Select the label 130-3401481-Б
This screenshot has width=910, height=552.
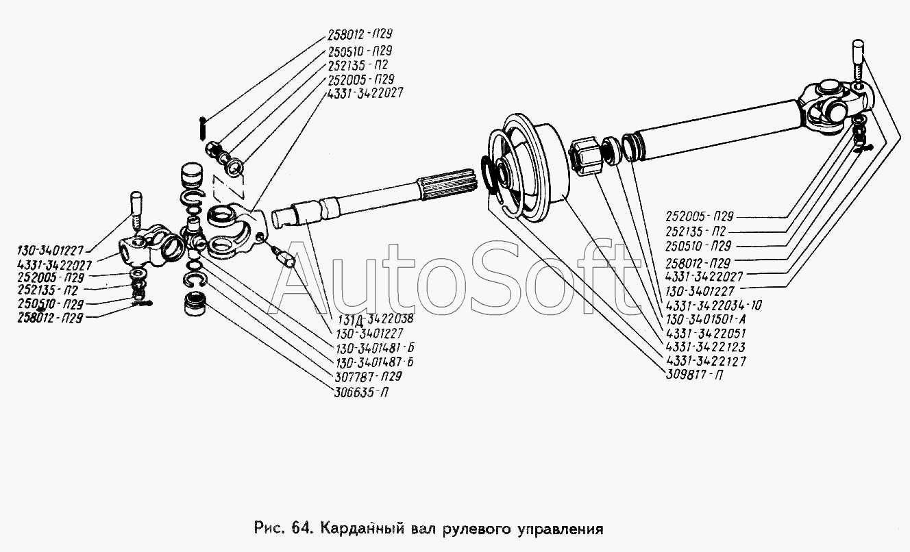point(375,348)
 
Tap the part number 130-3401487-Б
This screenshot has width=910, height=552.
point(374,362)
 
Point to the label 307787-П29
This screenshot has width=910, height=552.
point(368,376)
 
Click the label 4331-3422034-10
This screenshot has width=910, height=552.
point(713,305)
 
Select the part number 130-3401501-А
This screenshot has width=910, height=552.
point(706,318)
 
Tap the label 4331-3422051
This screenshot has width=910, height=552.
point(706,333)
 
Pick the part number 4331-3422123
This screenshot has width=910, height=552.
point(706,347)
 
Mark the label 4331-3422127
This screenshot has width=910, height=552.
point(706,361)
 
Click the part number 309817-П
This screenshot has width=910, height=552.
point(694,375)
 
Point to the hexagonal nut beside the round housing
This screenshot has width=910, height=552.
point(585,156)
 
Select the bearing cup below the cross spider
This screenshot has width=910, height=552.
point(195,304)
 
